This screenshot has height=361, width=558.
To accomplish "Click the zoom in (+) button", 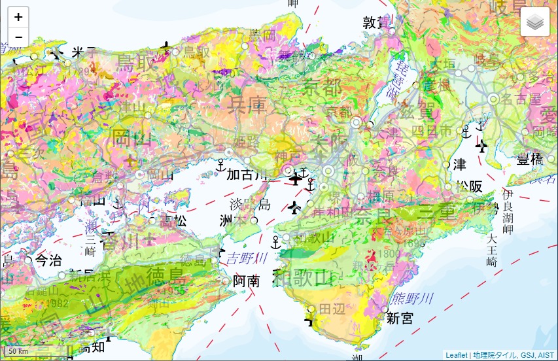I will click(18, 18).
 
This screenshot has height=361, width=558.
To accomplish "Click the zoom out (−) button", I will click(18, 37).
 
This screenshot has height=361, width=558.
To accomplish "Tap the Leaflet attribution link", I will click(456, 355).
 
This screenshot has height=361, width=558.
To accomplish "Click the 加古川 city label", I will click(247, 175).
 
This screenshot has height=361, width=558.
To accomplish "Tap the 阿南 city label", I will click(246, 281).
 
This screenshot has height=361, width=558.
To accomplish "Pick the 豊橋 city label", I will click(530, 160).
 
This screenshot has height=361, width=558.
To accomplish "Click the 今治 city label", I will click(50, 260).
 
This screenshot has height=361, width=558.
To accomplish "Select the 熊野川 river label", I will click(412, 299).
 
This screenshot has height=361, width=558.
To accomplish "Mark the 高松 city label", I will click(173, 221).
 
